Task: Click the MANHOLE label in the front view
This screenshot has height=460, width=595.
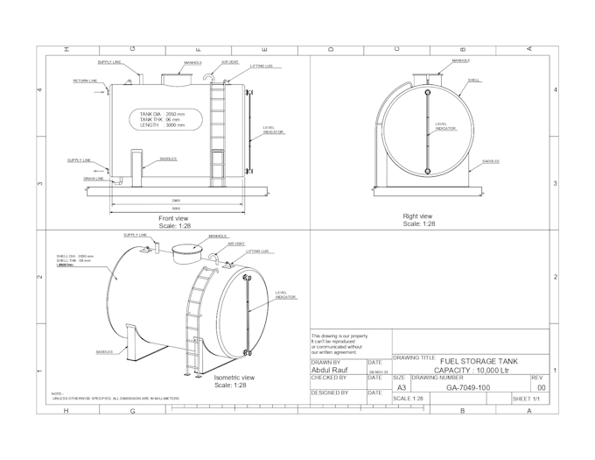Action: (192, 63)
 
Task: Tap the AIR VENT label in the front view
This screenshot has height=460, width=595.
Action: (230, 62)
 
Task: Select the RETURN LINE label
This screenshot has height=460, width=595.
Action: (85, 80)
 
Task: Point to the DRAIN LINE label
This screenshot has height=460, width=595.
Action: (94, 178)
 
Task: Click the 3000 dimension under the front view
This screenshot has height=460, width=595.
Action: (176, 209)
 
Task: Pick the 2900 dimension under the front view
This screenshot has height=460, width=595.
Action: (176, 200)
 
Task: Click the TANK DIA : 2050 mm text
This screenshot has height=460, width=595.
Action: (163, 114)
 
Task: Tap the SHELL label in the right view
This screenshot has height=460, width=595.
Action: (474, 80)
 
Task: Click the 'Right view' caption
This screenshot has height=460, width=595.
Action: (417, 216)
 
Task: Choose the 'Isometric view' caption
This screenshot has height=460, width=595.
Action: (234, 378)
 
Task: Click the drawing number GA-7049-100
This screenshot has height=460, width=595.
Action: (468, 387)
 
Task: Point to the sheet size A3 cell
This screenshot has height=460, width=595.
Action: (402, 387)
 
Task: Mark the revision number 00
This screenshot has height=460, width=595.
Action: (541, 387)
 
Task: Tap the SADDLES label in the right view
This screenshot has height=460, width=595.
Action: (490, 161)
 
